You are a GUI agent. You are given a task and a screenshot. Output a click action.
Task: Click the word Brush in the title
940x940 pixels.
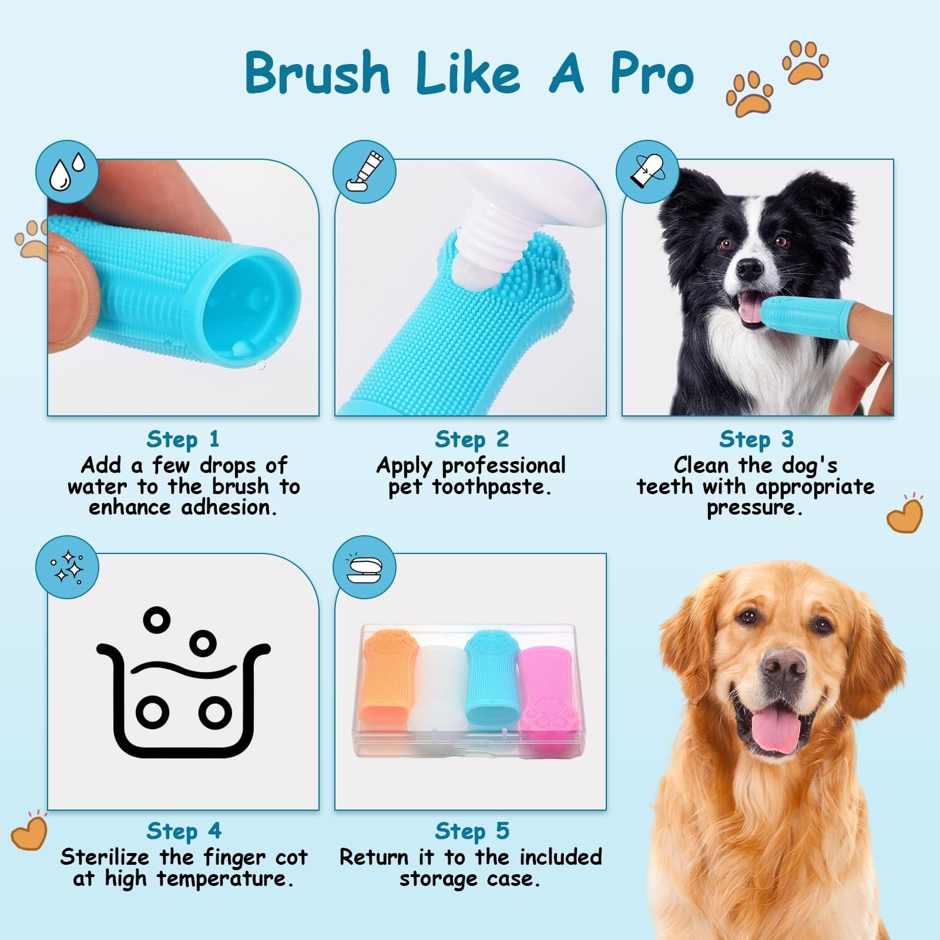click(x=317, y=72)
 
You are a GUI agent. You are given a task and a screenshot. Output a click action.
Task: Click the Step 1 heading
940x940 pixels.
click(x=183, y=439)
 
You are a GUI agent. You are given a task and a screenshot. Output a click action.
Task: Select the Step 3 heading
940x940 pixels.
click(x=757, y=439)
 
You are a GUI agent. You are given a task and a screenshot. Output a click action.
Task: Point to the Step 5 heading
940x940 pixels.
click(x=472, y=831)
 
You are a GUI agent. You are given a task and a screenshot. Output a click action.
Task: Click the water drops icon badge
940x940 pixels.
click(x=67, y=172)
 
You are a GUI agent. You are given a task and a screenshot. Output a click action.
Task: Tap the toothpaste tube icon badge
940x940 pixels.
click(x=364, y=172)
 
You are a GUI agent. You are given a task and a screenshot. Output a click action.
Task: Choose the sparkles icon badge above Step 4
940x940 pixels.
click(x=67, y=567)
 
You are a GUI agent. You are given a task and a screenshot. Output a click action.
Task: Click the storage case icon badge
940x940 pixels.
click(x=364, y=567)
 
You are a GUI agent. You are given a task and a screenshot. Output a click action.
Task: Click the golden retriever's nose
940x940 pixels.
click(x=784, y=667)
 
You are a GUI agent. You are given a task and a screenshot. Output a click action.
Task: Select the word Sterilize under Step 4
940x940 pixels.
click(x=105, y=857)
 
